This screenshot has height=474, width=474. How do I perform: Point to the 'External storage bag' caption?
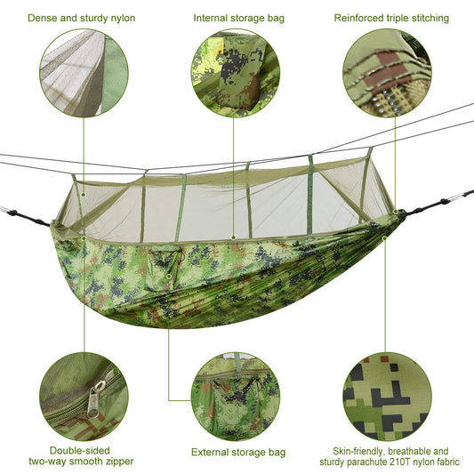(x=238, y=453)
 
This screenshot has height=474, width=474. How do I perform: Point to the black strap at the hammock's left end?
(x=27, y=213)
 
